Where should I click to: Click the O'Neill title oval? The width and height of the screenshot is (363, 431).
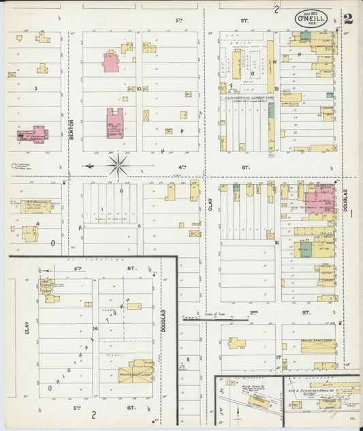pyautogui.click(x=311, y=18)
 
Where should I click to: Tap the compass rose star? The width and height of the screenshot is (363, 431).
pyautogui.click(x=119, y=165)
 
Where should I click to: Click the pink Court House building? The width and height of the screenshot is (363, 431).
pyautogui.click(x=114, y=123)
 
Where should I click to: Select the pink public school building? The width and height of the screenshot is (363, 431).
pyautogui.click(x=33, y=134)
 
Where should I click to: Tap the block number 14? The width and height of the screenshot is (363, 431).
pyautogui.click(x=96, y=328)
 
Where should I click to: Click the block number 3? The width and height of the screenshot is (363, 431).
pyautogui.click(x=35, y=89)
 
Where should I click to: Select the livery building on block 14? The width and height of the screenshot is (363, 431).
pyautogui.click(x=136, y=371)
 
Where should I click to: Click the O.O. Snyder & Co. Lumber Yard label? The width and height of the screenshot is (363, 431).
pyautogui.click(x=245, y=98)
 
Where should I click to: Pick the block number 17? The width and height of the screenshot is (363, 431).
pyautogui.click(x=278, y=357)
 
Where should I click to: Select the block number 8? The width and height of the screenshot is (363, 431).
pyautogui.click(x=188, y=357)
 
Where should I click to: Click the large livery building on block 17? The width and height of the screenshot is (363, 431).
pyautogui.click(x=317, y=346)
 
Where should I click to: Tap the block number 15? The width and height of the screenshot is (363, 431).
pyautogui.click(x=277, y=89)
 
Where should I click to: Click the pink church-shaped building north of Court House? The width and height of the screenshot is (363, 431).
pyautogui.click(x=111, y=61)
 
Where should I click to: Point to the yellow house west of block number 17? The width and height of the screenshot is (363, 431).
pyautogui.click(x=237, y=343)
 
